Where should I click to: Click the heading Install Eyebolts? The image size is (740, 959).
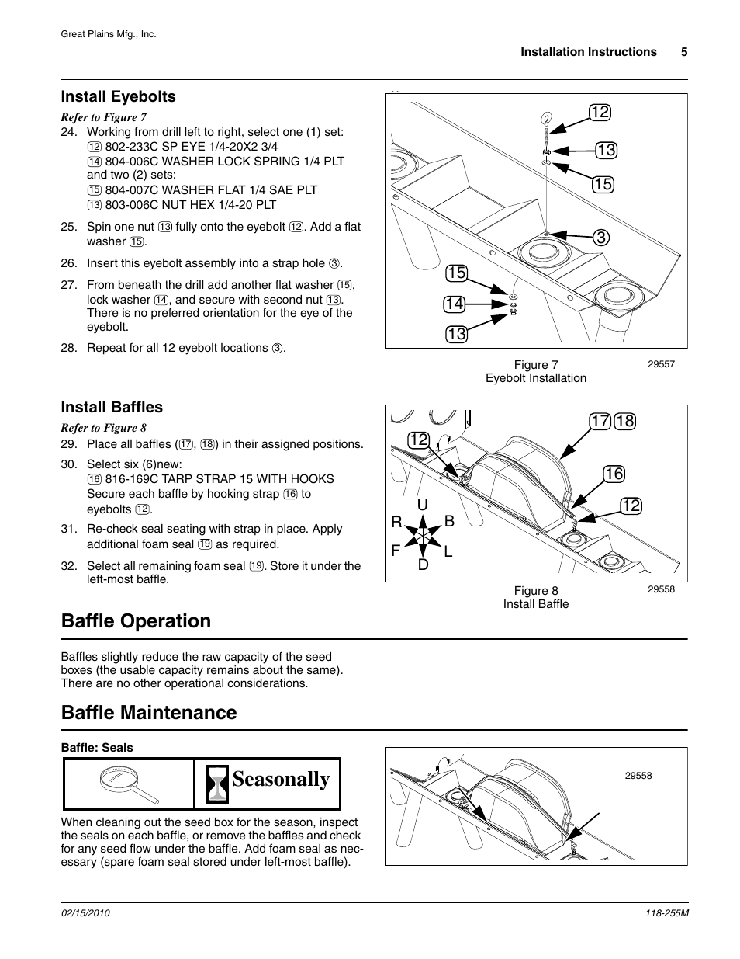coord(118,96)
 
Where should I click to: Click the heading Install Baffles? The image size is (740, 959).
coord(112,407)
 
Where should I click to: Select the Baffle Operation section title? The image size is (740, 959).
coord(136,621)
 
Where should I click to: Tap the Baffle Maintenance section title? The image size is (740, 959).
coord(149,712)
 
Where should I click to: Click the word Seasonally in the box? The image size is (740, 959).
coord(281,780)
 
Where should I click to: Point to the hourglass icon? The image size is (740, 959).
coord(218,784)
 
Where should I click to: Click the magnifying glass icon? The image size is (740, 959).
coord(129,784)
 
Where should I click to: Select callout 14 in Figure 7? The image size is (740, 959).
coord(455,304)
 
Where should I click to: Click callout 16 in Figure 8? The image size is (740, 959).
coord(613,474)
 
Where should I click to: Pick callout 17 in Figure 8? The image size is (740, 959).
coord(600,422)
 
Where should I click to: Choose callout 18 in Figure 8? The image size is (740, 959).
coord(624,422)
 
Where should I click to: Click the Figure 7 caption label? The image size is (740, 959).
coord(536,365)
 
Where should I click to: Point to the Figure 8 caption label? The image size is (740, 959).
coord(536,591)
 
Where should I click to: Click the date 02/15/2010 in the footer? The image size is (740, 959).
coord(85,914)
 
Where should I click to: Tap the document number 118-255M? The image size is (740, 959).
coord(666,914)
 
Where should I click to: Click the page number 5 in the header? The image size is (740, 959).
coord(684,52)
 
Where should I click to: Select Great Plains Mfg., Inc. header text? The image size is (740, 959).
coord(109,34)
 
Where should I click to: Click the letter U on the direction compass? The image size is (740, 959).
coord(423,506)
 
